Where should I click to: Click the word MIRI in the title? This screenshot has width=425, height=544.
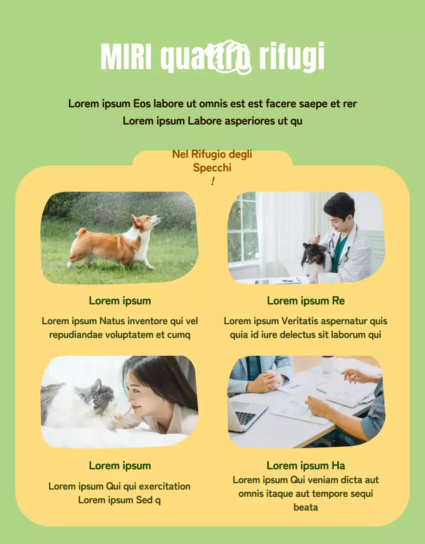point(126,57)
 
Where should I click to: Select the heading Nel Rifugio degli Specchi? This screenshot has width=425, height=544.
point(212,161)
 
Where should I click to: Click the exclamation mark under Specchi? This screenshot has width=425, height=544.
point(212,181)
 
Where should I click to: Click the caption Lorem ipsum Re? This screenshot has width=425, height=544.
point(306,301)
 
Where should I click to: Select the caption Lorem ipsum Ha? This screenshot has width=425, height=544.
point(306,466)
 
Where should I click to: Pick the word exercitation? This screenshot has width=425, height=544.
point(164,486)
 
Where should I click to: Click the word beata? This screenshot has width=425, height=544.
point(306,507)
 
